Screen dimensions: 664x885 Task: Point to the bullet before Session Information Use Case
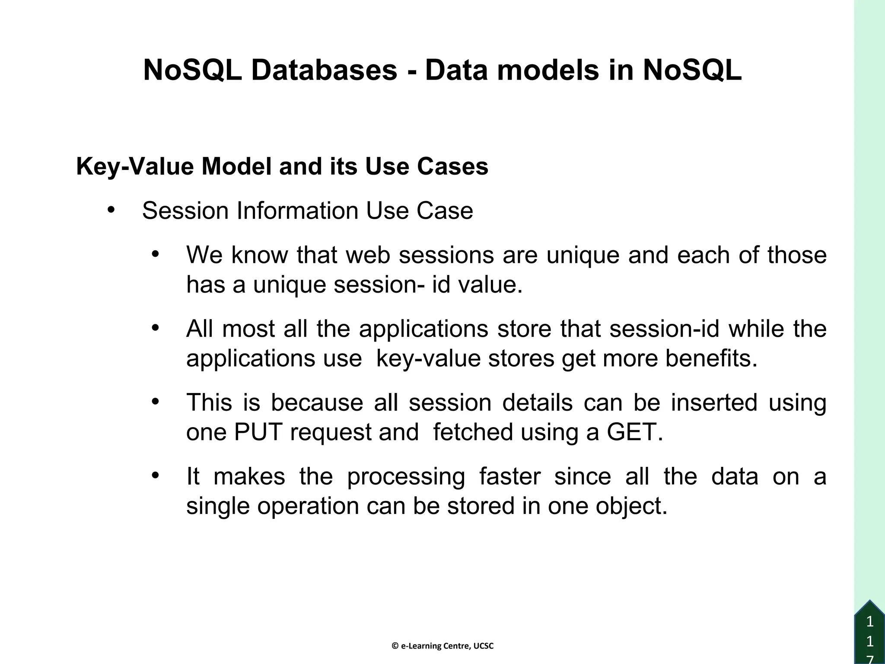pyautogui.click(x=111, y=210)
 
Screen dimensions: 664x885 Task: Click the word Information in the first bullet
pyautogui.click(x=297, y=211)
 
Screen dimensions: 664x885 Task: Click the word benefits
pyautogui.click(x=711, y=358)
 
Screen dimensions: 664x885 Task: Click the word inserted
pyautogui.click(x=714, y=402)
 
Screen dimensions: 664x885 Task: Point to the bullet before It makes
pyautogui.click(x=155, y=476)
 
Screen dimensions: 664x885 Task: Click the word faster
pyautogui.click(x=509, y=476)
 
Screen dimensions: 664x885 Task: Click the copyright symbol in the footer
pyautogui.click(x=395, y=646)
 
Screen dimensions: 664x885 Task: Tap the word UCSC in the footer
pyautogui.click(x=484, y=646)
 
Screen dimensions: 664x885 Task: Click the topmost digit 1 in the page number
pyautogui.click(x=870, y=622)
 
